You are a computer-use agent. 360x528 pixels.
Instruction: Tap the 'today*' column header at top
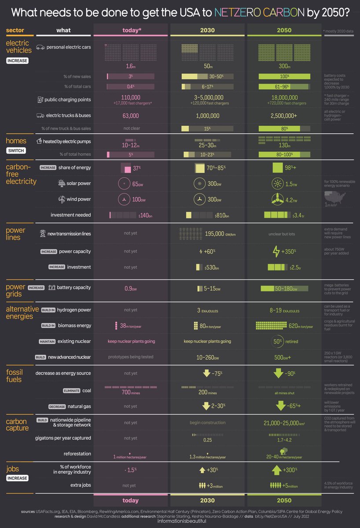(131, 30)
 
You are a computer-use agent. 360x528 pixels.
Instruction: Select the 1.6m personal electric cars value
(130, 66)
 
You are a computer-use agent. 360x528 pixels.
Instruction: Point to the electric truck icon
(40, 116)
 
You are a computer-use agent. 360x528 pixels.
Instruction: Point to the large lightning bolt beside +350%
(276, 251)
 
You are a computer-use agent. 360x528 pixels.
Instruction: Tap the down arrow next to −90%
(278, 373)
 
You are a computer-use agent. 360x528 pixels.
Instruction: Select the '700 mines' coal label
(131, 392)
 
